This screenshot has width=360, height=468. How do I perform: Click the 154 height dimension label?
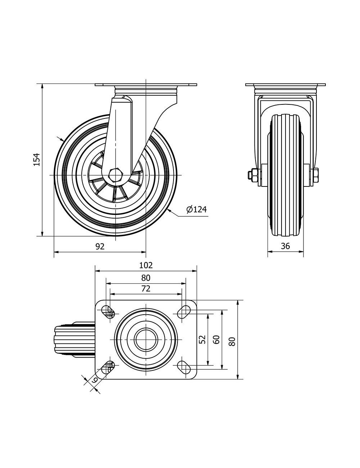point(36,159)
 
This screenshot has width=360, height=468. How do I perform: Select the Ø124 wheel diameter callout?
point(197,209)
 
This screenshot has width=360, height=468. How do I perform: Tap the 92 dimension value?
point(100,246)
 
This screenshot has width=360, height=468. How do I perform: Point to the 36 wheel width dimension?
point(285,246)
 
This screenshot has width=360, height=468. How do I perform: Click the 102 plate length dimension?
point(146,265)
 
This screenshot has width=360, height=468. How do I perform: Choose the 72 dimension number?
point(146,288)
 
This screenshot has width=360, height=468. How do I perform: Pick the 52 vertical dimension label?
point(202,339)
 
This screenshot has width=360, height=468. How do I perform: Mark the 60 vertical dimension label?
point(216,339)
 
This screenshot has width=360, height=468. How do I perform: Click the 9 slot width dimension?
point(94,379)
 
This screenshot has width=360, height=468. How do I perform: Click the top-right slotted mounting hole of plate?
point(185,311)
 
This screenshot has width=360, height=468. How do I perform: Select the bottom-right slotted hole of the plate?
point(185,367)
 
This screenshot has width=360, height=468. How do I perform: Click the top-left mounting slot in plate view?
point(107,311)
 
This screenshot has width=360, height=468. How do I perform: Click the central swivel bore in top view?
point(146,339)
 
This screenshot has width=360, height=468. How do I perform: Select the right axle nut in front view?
point(315,175)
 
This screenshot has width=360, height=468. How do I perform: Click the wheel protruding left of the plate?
point(74,339)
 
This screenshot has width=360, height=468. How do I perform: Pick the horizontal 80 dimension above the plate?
point(146,278)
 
